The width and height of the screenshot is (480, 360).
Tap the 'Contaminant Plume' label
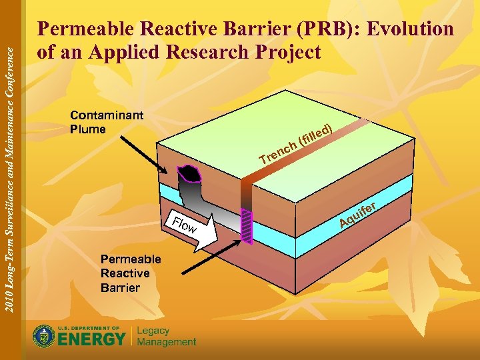106,122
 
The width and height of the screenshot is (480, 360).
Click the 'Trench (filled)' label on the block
296,143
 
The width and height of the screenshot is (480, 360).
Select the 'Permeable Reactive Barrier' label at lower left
130,273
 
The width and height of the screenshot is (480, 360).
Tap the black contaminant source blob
193,173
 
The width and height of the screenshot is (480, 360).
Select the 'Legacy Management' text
166,337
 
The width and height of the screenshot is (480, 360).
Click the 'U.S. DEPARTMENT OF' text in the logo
89,329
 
